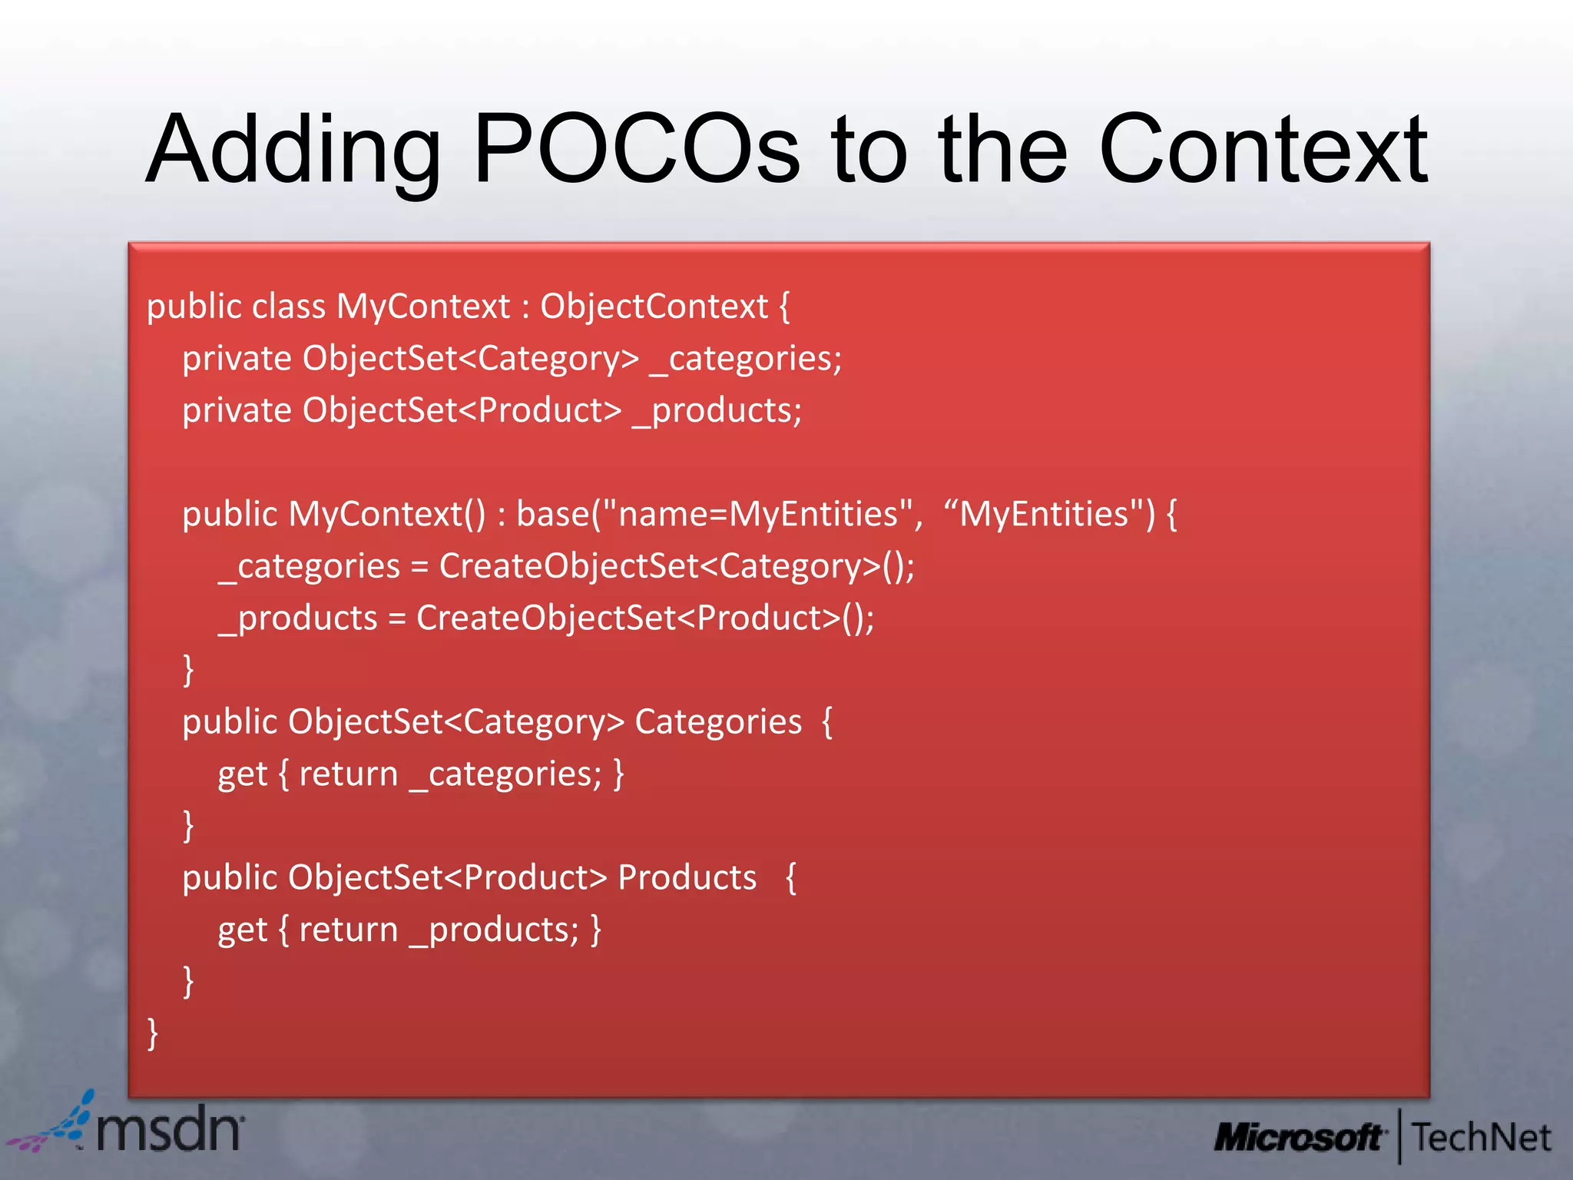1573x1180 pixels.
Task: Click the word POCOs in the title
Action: tap(636, 150)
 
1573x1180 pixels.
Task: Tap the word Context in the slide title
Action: tap(1263, 150)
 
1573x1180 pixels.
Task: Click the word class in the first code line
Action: tap(289, 307)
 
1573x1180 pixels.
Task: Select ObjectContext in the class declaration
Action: tap(654, 307)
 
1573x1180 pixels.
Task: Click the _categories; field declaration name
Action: tap(745, 359)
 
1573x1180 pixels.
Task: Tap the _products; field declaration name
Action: tap(717, 411)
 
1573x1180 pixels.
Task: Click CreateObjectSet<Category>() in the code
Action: tap(676, 566)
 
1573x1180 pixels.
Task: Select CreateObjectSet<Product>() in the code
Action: tap(644, 618)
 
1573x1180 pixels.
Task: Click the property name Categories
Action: tap(718, 722)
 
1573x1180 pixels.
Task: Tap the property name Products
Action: tap(687, 877)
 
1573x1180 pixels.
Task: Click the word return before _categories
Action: tap(349, 774)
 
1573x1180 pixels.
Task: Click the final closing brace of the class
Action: tap(152, 1033)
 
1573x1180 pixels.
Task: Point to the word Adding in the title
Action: tap(293, 150)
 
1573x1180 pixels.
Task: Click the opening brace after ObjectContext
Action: tap(784, 307)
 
